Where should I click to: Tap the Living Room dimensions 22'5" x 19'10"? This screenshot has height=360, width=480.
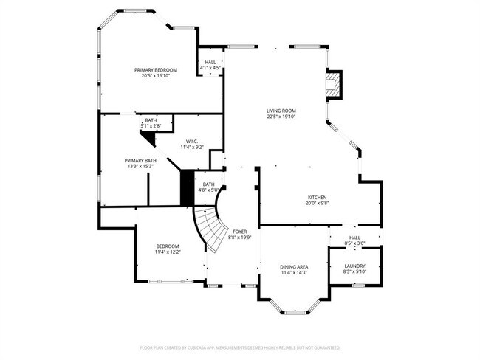(x=281, y=117)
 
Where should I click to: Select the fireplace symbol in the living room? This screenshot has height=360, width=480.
(x=335, y=84)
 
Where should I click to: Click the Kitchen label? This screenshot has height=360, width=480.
(x=317, y=198)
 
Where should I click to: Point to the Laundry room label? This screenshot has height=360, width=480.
(x=354, y=266)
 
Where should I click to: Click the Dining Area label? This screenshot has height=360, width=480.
(x=293, y=266)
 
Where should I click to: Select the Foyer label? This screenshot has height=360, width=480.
(x=240, y=232)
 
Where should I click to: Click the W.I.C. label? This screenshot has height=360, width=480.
(x=191, y=141)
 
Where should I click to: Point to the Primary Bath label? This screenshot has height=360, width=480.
(x=140, y=160)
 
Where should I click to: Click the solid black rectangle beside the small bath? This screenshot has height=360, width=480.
(x=187, y=188)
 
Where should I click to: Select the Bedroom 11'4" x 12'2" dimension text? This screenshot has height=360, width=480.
(x=168, y=252)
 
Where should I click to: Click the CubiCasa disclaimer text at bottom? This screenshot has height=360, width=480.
(x=240, y=347)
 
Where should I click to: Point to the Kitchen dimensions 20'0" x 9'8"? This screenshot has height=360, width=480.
(x=317, y=204)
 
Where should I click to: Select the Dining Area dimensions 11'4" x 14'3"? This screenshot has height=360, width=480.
(x=293, y=272)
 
